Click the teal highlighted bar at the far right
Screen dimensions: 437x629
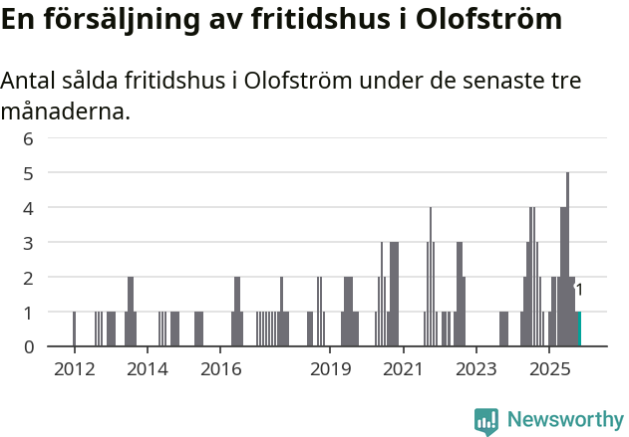pos(579,329)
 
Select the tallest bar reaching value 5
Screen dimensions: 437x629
pos(568,259)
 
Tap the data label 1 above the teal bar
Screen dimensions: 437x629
pos(579,290)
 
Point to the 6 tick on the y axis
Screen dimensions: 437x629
pos(28,138)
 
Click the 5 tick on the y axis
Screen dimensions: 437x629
pos(28,173)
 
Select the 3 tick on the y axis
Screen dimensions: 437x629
pos(28,243)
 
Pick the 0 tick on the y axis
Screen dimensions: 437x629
pos(28,346)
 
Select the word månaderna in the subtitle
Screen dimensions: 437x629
pos(65,111)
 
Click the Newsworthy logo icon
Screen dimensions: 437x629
pos(486,421)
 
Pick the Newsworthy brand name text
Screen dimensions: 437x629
pos(564,420)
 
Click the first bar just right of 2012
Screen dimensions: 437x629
pos(75,329)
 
